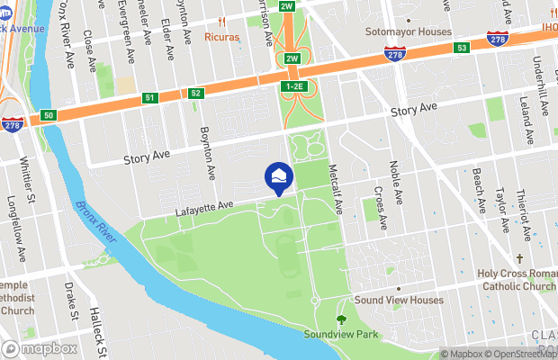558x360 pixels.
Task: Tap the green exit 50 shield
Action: click(x=49, y=116)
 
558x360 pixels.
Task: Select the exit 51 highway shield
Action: click(x=150, y=97)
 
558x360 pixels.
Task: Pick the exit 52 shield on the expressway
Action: click(x=195, y=93)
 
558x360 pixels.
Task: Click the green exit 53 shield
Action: click(x=462, y=47)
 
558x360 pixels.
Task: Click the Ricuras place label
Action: click(x=222, y=39)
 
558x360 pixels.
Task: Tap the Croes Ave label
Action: click(x=380, y=206)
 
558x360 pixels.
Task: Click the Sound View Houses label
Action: click(x=399, y=300)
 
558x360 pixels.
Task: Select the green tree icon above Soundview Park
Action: click(x=340, y=319)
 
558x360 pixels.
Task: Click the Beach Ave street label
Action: click(x=481, y=193)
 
